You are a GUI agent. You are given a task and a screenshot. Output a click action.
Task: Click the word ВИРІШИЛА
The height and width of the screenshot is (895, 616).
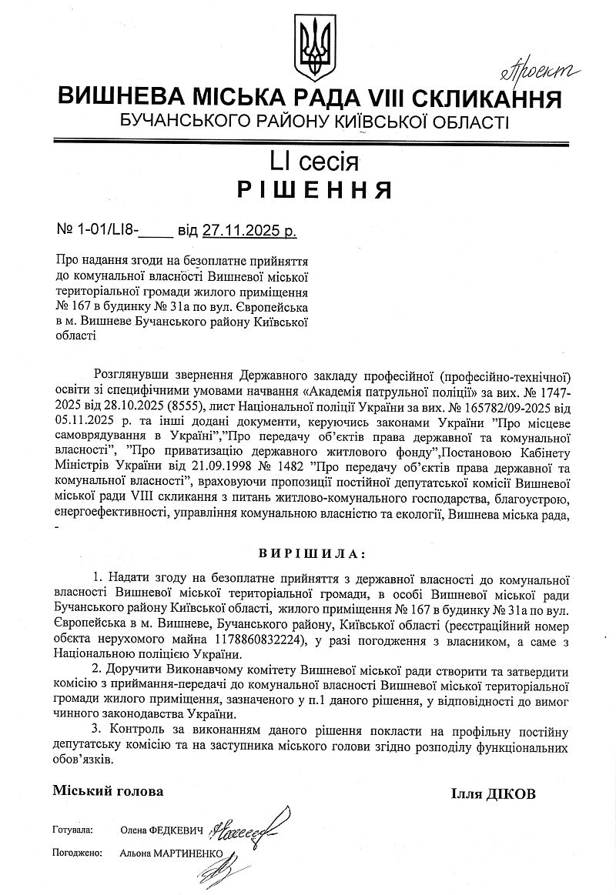(x=308, y=553)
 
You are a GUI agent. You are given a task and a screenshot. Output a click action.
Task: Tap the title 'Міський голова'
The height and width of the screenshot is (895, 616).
(x=109, y=790)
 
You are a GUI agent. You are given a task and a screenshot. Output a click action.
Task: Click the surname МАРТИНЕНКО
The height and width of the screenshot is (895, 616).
(x=188, y=853)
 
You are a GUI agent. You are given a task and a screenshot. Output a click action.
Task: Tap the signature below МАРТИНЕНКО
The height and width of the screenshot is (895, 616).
(x=215, y=872)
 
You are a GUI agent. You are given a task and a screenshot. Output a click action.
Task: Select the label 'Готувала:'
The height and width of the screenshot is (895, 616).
(x=73, y=831)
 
